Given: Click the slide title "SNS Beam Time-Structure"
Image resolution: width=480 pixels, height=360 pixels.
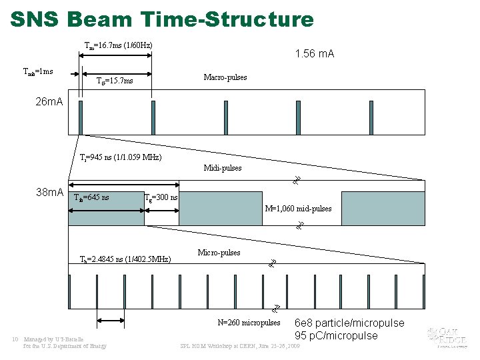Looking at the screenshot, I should click(162, 19).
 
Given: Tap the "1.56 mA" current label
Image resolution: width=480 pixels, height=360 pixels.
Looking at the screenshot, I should click(315, 53).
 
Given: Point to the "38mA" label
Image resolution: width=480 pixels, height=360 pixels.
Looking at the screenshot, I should click(49, 192).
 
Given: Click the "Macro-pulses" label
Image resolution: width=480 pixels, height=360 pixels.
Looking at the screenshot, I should click(225, 77).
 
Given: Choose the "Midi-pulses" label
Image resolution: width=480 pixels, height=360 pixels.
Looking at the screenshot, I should click(223, 168).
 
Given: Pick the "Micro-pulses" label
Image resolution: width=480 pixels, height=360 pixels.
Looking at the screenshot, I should click(219, 253).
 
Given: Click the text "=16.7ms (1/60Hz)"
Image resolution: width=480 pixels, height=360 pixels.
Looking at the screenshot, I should click(123, 45).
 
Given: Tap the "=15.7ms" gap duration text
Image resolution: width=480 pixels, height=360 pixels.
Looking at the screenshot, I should click(118, 81).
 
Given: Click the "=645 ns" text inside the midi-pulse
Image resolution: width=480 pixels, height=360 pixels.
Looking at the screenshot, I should click(96, 197).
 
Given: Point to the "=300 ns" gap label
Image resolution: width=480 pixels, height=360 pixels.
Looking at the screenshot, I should click(164, 197).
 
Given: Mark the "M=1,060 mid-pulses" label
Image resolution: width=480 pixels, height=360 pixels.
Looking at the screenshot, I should click(298, 209).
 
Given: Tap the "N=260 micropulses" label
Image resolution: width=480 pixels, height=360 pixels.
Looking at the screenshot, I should click(249, 323).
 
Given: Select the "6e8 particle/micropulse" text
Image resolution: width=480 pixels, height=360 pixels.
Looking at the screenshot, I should click(349, 323).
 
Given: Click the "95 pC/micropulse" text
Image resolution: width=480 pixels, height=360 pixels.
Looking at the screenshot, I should click(336, 335).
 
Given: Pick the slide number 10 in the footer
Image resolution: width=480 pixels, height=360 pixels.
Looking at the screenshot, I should click(15, 339).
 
